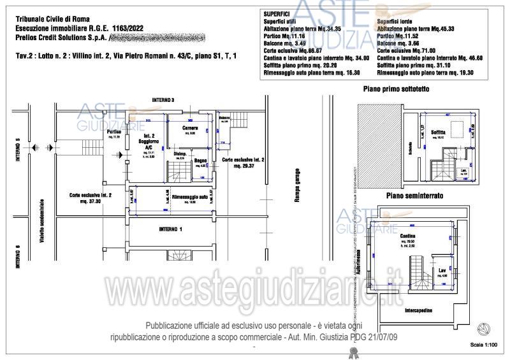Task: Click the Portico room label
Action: click(x=115, y=133)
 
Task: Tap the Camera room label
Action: click(x=190, y=129)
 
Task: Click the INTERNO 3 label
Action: click(x=163, y=101)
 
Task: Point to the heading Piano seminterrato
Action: click(x=414, y=196)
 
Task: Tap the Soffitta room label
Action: click(x=437, y=131)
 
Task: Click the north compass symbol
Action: click(x=483, y=329)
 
